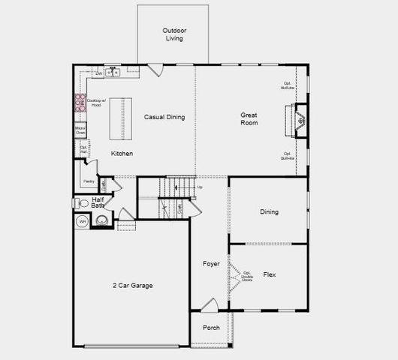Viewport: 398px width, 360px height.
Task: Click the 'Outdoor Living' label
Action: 174,34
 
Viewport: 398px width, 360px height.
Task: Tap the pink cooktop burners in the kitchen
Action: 79,103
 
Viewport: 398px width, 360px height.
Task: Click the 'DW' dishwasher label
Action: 98,73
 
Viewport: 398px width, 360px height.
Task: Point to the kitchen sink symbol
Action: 113,73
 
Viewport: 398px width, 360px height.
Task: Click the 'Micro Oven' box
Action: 80,131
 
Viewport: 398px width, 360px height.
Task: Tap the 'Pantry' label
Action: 89,181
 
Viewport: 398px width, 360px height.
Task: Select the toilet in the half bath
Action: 83,202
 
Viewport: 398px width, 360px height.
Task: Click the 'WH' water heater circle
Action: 81,222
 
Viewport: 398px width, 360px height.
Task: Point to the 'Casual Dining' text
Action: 164,117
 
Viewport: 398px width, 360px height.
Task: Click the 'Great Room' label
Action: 249,118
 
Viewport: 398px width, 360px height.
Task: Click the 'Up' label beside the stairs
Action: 199,187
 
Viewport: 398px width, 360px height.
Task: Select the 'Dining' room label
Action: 269,212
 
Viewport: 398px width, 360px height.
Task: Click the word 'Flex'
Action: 269,275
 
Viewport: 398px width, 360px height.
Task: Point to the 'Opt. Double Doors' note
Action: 246,276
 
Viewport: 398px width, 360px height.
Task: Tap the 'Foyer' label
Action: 211,264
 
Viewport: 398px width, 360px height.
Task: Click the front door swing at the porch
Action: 210,304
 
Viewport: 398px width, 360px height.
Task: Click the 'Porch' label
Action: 211,327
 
